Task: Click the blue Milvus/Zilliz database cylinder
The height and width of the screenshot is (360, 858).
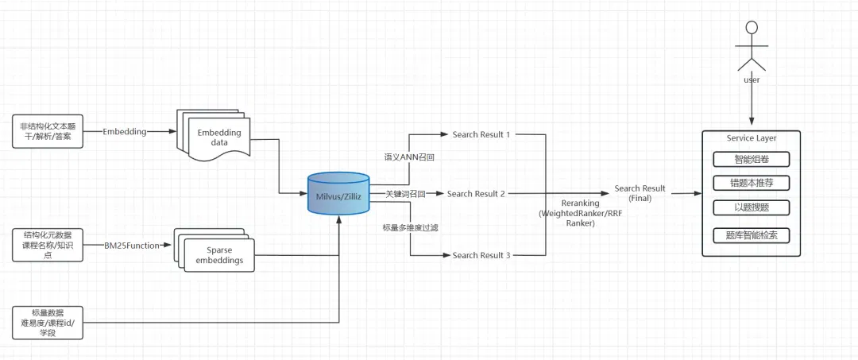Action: tap(338, 193)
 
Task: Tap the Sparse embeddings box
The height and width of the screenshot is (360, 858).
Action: tap(216, 250)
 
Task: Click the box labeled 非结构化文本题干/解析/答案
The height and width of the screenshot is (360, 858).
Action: tap(47, 132)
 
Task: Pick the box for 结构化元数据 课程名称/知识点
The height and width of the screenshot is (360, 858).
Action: tap(47, 245)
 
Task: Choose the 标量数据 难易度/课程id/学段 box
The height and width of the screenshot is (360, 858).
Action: tap(47, 322)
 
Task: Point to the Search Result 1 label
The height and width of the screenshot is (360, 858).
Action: tap(481, 134)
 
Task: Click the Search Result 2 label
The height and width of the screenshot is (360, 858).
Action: tap(476, 194)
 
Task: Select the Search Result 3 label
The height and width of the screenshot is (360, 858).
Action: tap(481, 255)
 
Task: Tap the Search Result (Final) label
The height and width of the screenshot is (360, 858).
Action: tap(640, 193)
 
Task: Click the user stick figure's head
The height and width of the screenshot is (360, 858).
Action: tap(752, 28)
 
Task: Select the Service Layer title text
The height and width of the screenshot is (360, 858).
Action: tap(751, 137)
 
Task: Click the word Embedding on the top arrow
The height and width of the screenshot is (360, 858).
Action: tap(124, 131)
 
